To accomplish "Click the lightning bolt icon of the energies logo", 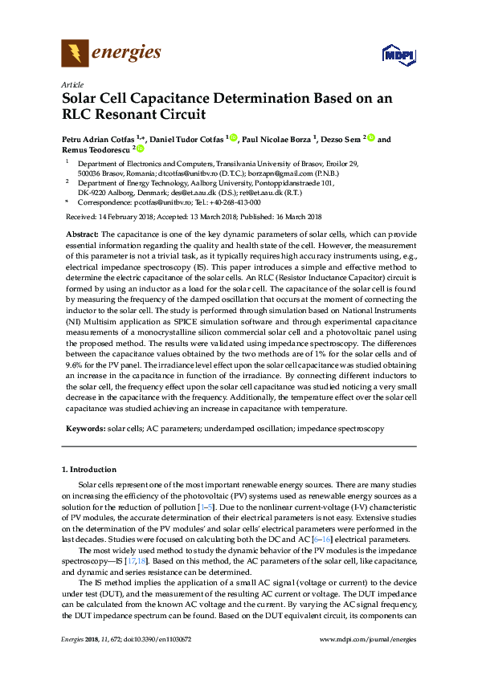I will [x=75, y=54].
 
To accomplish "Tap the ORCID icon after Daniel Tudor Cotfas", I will [x=234, y=139].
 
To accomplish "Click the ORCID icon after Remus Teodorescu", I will [x=141, y=149].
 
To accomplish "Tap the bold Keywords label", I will [x=84, y=430].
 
